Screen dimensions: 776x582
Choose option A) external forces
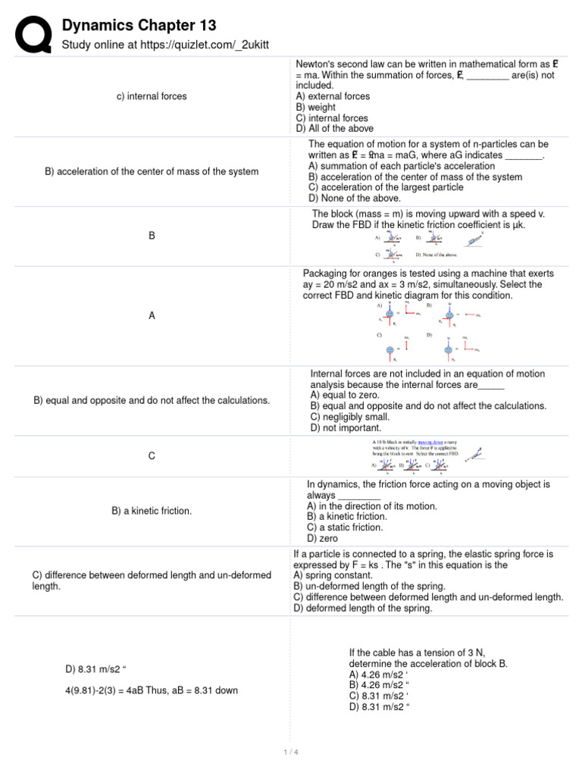click(333, 96)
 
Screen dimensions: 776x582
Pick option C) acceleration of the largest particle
click(386, 187)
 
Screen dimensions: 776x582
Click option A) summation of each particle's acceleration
click(402, 166)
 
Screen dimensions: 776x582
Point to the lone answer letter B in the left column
click(152, 236)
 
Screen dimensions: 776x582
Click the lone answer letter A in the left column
click(152, 316)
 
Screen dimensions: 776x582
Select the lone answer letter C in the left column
click(152, 455)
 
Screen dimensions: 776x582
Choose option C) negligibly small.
click(349, 417)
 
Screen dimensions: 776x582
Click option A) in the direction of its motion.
click(371, 505)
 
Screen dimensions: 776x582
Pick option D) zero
click(322, 538)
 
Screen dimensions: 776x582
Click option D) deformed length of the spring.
click(363, 608)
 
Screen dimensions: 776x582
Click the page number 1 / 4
click(290, 752)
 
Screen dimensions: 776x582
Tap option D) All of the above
click(332, 129)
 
